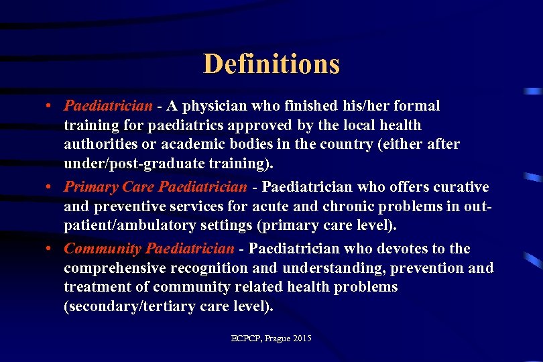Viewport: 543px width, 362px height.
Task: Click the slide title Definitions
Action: coord(271,64)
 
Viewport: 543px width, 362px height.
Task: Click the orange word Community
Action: coord(102,249)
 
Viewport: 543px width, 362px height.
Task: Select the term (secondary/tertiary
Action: coord(120,306)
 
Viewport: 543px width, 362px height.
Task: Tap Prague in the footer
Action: coord(278,339)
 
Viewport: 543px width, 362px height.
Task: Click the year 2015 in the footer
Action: coord(302,339)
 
